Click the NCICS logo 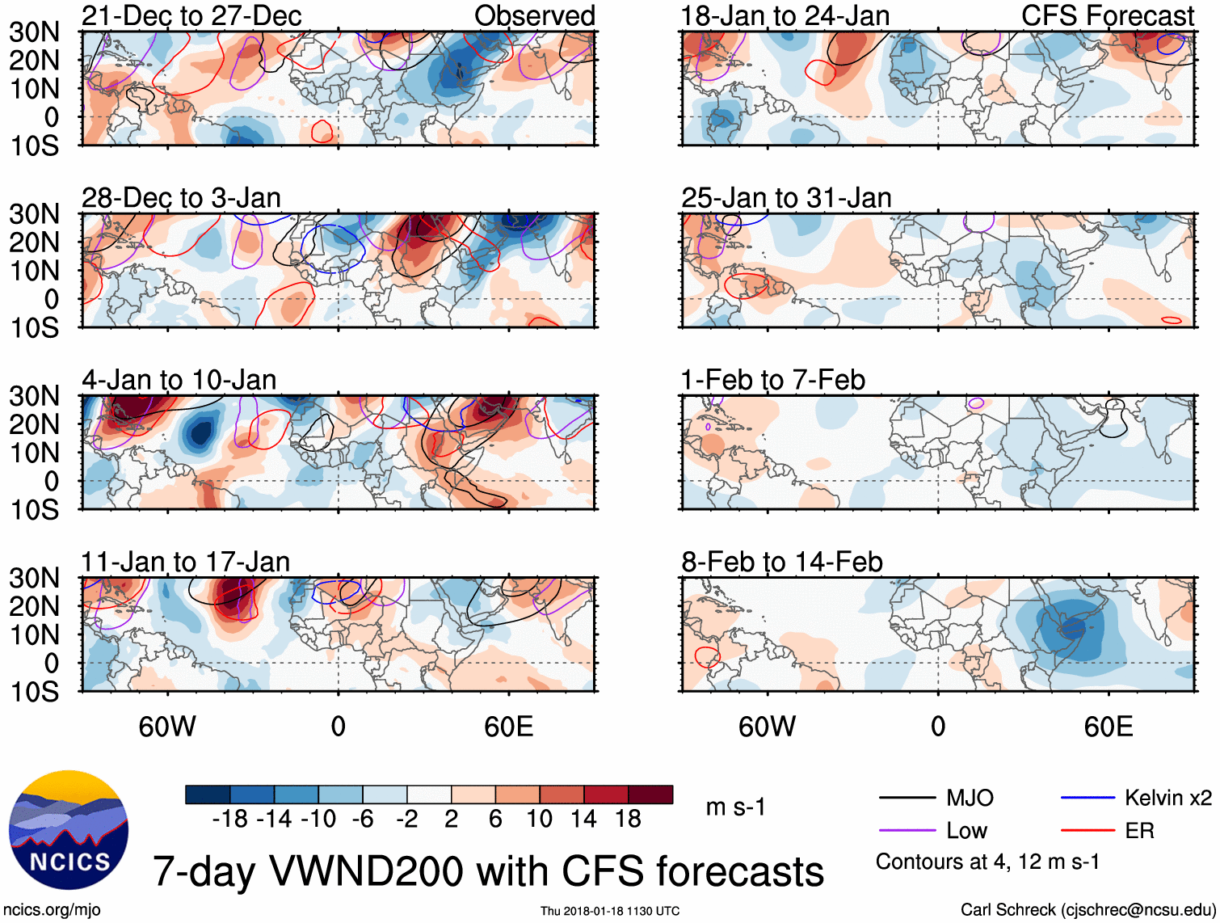click(x=69, y=830)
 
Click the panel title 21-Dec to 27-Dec click(x=191, y=15)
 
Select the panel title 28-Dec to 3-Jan click(x=181, y=198)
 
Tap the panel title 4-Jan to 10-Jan click(x=179, y=380)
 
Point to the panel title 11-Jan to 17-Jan click(x=185, y=562)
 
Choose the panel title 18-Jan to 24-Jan click(x=785, y=15)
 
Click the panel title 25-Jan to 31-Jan click(x=786, y=198)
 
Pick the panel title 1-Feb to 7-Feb click(x=773, y=380)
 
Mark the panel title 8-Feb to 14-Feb click(x=782, y=562)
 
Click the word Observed click(x=535, y=15)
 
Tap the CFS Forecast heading click(x=1108, y=15)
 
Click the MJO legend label click(x=970, y=799)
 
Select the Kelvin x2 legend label click(x=1168, y=799)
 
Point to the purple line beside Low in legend click(x=907, y=830)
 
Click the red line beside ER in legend click(x=1087, y=830)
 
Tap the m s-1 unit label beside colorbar click(x=735, y=807)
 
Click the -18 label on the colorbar click(x=230, y=819)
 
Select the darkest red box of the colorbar click(x=650, y=794)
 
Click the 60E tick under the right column click(x=1109, y=727)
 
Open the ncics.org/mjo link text click(x=52, y=910)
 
